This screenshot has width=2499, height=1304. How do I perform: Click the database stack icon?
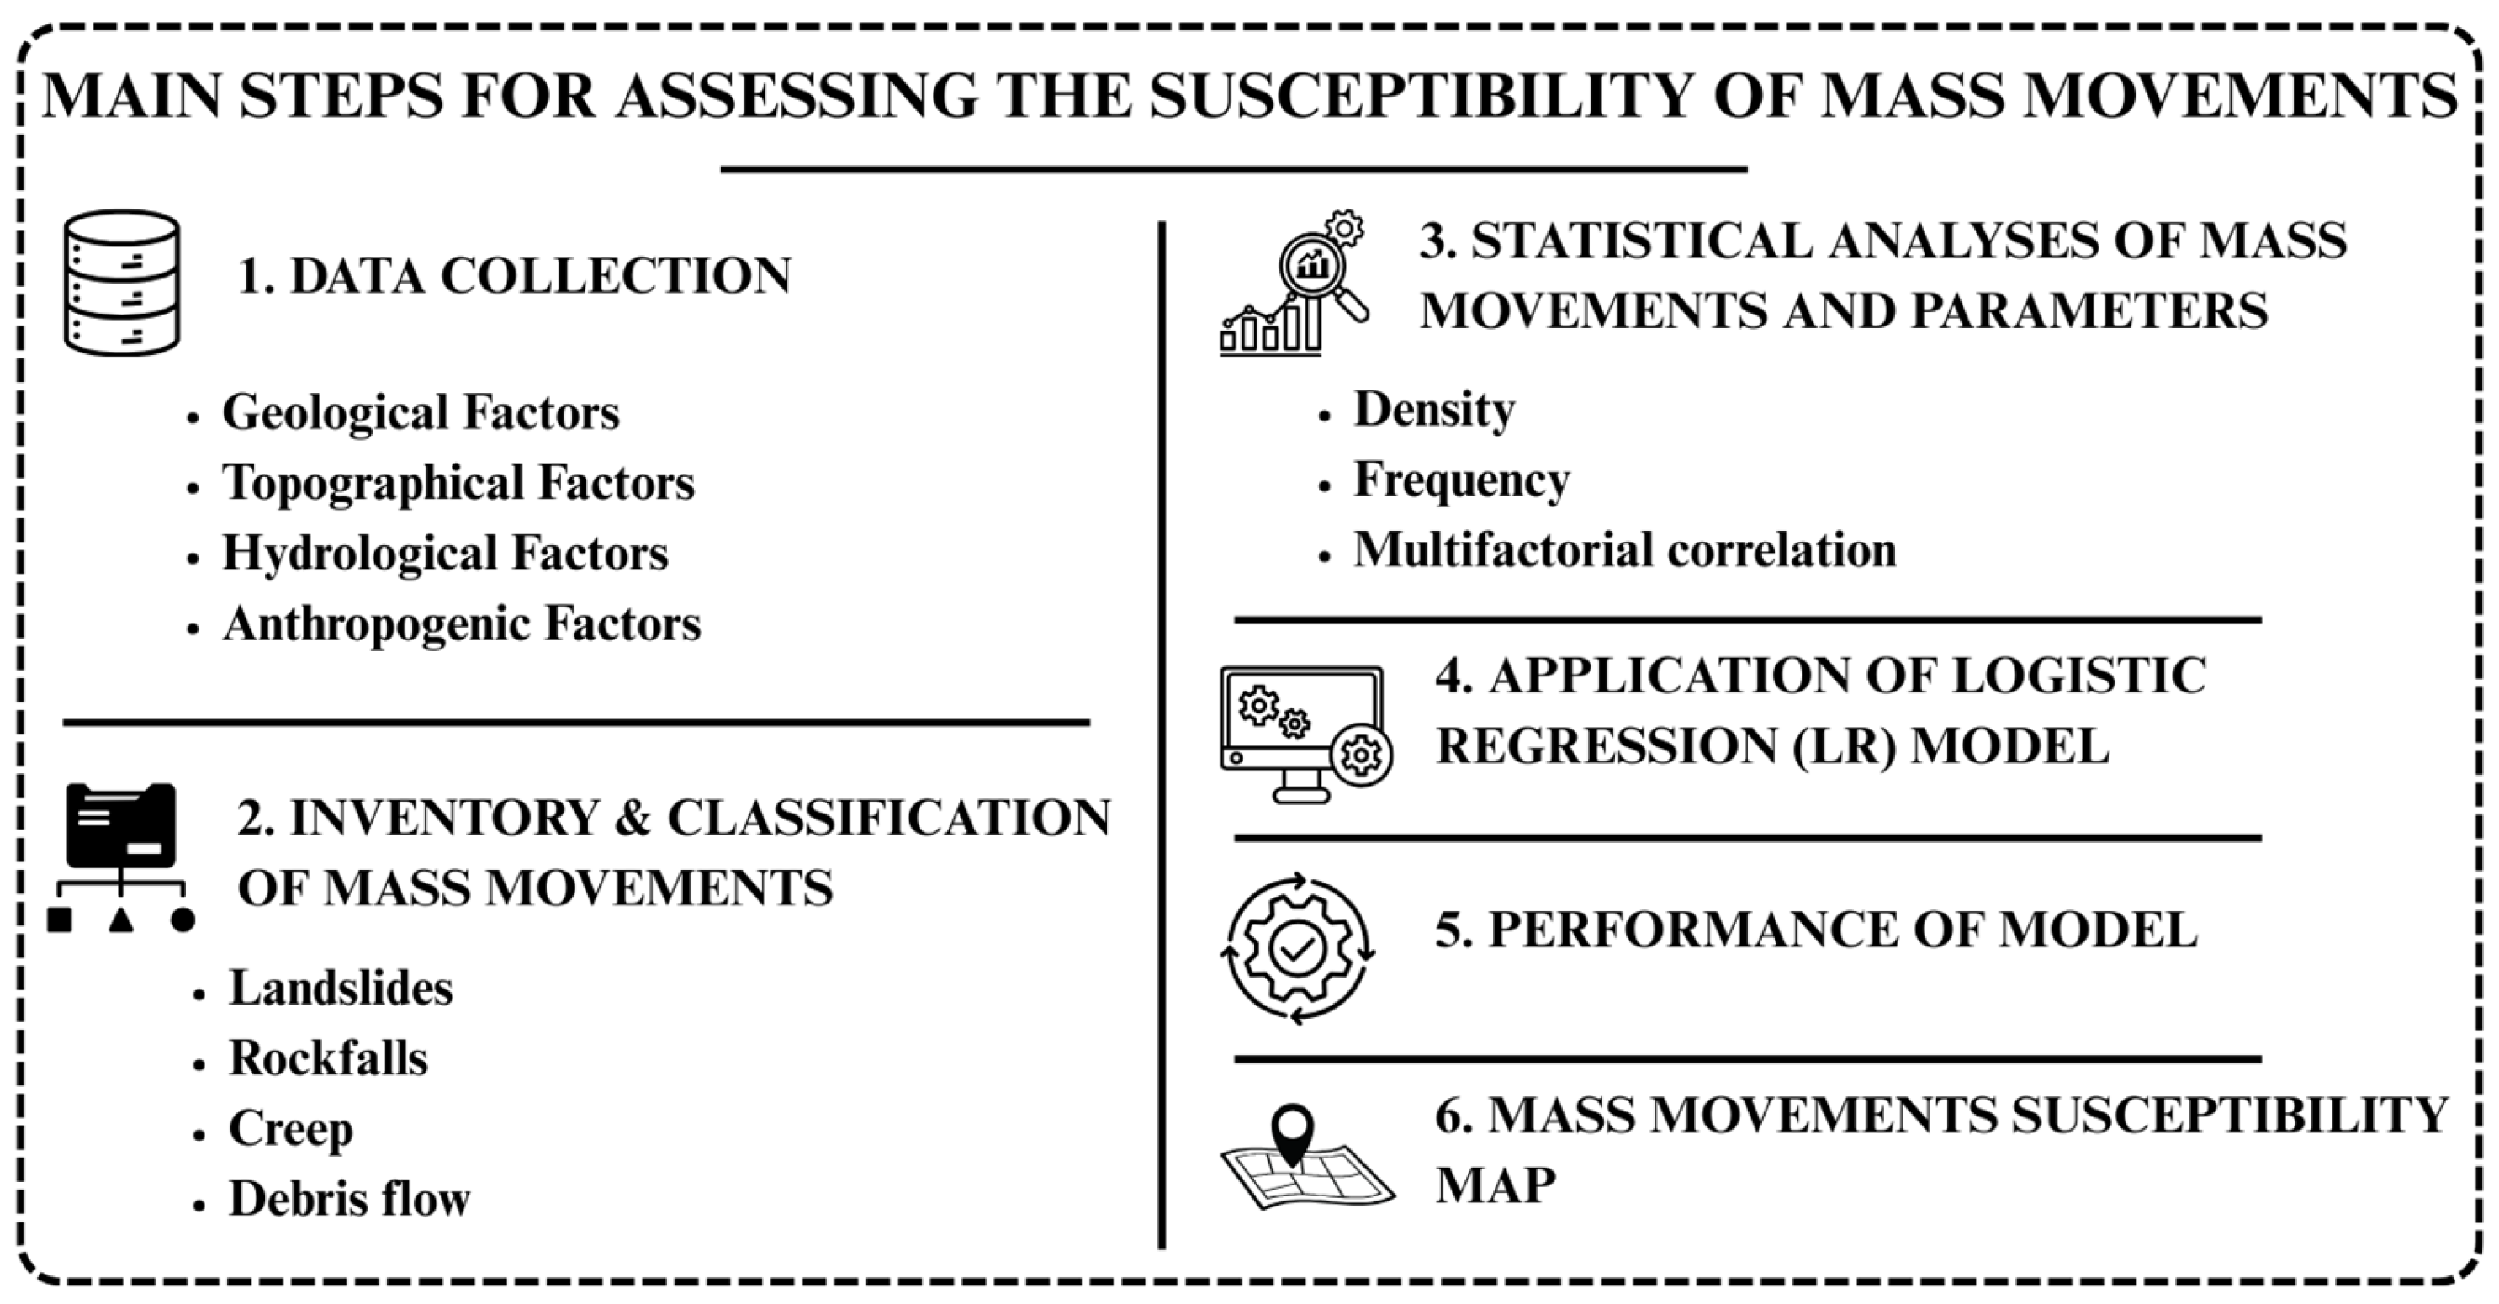pyautogui.click(x=121, y=283)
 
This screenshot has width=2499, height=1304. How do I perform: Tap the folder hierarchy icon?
pyautogui.click(x=121, y=856)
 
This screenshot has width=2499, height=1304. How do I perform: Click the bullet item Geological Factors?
pyautogui.click(x=420, y=412)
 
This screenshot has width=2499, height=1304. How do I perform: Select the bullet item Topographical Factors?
pyautogui.click(x=458, y=483)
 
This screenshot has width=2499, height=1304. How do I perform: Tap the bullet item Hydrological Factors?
pyautogui.click(x=445, y=553)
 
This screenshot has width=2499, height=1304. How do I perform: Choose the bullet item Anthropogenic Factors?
pyautogui.click(x=462, y=624)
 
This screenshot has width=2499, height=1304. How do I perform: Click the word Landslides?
pyautogui.click(x=341, y=989)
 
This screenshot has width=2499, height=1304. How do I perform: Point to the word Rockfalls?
pyautogui.click(x=328, y=1058)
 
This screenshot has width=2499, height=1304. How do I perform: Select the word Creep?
pyautogui.click(x=291, y=1129)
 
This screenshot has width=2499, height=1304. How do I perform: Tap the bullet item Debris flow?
pyautogui.click(x=349, y=1199)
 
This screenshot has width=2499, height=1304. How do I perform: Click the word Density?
pyautogui.click(x=1434, y=410)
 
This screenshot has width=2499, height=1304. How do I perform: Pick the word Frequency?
pyautogui.click(x=1461, y=480)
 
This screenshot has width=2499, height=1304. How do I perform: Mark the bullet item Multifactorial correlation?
pyautogui.click(x=1625, y=550)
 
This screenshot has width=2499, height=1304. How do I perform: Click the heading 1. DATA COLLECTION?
pyautogui.click(x=514, y=276)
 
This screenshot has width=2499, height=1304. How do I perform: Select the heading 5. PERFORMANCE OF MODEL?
pyautogui.click(x=1816, y=930)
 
